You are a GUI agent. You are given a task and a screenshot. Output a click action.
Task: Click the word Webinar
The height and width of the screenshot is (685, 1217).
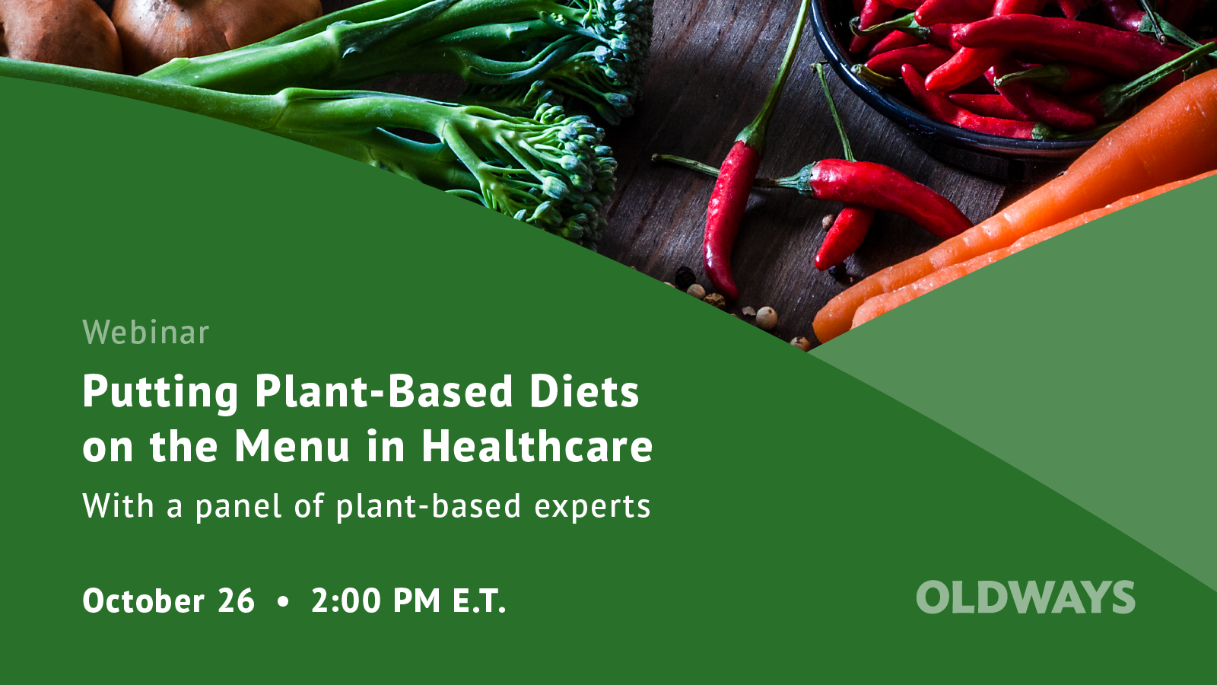pos(145,333)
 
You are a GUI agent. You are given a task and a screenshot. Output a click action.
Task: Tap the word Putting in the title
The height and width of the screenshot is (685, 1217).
pos(160,392)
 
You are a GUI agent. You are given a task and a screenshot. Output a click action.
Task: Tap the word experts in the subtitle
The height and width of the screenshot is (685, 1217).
pos(592,507)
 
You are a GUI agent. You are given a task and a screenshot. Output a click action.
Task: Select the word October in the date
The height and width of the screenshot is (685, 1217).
pos(143,601)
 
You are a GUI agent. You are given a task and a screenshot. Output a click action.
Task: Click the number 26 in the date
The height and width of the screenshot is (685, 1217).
pos(236,601)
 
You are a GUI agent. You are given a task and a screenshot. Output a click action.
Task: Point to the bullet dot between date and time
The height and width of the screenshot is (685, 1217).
pos(284,601)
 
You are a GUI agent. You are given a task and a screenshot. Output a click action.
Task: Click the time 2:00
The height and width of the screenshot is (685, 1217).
pos(346,601)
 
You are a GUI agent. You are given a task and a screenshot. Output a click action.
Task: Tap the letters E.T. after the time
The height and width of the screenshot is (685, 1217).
pos(479,601)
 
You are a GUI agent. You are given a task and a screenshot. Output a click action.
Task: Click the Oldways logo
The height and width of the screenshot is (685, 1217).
pos(1025,597)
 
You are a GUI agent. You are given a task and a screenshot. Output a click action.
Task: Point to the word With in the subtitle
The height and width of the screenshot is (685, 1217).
pos(118,506)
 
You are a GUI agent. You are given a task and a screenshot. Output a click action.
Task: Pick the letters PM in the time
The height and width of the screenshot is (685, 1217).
pos(417,601)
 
